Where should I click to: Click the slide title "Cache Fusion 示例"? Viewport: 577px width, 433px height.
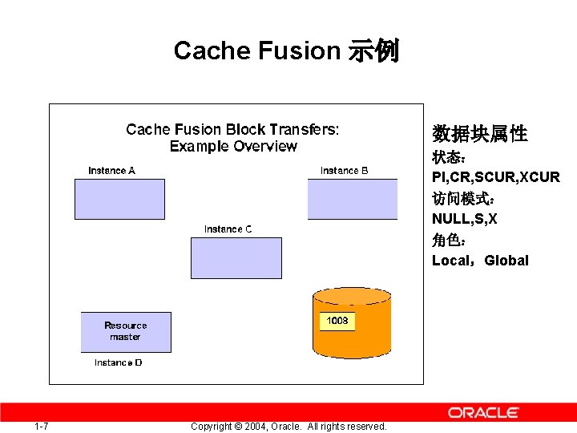[x=286, y=51]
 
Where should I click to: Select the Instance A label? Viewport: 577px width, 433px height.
[x=111, y=170]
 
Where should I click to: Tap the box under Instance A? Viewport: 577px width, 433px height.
[x=119, y=199]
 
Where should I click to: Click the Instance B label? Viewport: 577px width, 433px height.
[x=344, y=170]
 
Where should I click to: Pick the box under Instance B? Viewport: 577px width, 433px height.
[x=352, y=199]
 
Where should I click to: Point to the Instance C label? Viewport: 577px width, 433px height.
[x=228, y=229]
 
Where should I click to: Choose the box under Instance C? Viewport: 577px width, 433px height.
[x=236, y=257]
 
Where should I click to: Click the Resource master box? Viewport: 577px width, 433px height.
[x=126, y=332]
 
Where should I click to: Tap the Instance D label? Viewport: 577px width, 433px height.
[x=118, y=362]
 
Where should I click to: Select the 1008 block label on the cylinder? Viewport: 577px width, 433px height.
[x=337, y=321]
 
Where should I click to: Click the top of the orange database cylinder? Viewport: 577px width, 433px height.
[x=352, y=296]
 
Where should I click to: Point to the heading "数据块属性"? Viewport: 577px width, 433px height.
[x=479, y=134]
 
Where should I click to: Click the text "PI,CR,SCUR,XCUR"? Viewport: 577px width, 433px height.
[x=495, y=176]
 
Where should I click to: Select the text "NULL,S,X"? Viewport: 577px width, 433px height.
[x=464, y=218]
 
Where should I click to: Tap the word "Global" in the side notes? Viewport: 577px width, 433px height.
[x=506, y=261]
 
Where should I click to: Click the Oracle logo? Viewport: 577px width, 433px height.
[x=483, y=413]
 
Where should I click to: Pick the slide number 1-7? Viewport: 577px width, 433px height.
[x=42, y=426]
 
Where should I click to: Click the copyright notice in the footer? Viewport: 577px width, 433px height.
[x=288, y=426]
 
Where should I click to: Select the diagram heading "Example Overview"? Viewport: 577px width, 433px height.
[x=233, y=147]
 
